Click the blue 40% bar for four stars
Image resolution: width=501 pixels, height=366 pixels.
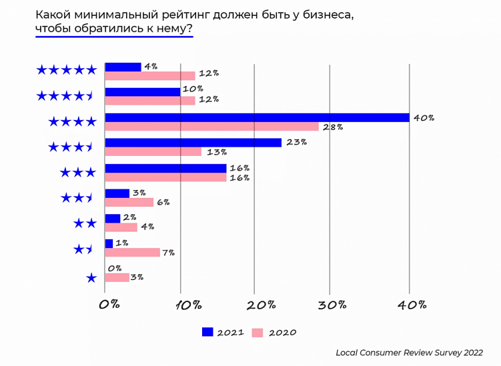coord(257,118)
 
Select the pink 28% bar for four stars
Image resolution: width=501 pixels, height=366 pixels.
coord(211,127)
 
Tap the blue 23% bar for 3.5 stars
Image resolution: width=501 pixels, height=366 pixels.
coord(193,142)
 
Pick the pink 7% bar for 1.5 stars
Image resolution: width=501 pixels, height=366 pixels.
coord(132,253)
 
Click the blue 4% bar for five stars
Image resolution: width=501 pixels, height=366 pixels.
coord(123,67)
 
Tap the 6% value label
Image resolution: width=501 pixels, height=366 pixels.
coord(164,202)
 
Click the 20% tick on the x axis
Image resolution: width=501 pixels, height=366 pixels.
coord(261,305)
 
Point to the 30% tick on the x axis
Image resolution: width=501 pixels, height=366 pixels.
coord(333,305)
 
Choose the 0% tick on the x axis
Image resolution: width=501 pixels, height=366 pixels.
coord(109,305)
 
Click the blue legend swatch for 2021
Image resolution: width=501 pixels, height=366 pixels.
coord(207,331)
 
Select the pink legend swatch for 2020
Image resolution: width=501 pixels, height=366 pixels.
coord(258,331)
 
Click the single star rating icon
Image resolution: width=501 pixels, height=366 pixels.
coord(91,278)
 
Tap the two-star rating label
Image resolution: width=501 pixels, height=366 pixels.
coord(85,223)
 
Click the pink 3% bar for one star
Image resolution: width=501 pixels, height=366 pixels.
coord(117,277)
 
